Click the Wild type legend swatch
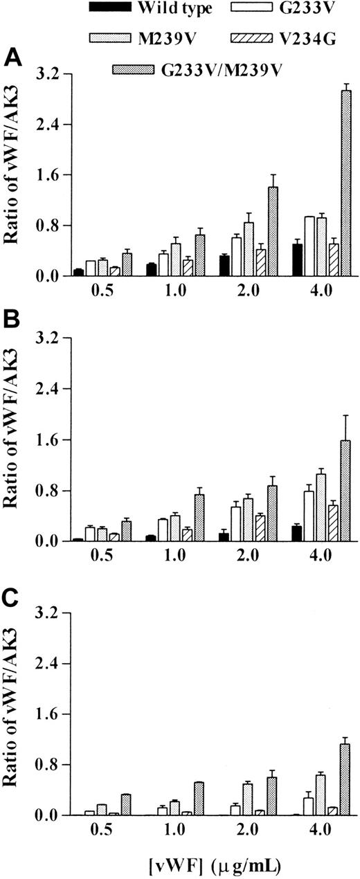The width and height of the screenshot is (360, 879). [x=113, y=9]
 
